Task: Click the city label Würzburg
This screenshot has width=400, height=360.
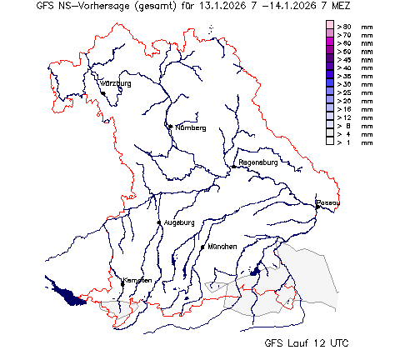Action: [x=117, y=84]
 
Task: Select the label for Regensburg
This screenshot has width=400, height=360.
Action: [x=257, y=162]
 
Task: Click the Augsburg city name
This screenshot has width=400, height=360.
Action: [x=179, y=222]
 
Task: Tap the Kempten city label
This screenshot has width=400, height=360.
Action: [x=137, y=280]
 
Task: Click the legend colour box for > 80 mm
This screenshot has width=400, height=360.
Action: [x=329, y=27]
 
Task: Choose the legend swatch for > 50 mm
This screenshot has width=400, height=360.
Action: [x=329, y=52]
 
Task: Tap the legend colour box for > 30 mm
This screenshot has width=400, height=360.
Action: [x=329, y=84]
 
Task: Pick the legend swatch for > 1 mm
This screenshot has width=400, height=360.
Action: [x=329, y=142]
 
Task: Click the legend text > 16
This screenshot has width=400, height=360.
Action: [x=344, y=109]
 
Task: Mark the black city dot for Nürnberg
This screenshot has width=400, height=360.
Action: [x=170, y=126]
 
